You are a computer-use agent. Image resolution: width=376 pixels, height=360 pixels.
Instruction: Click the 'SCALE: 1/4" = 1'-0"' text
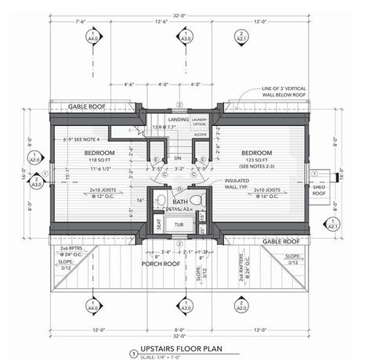pyautogui.click(x=167, y=358)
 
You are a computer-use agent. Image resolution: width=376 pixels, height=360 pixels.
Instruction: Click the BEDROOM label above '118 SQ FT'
pyautogui.click(x=100, y=151)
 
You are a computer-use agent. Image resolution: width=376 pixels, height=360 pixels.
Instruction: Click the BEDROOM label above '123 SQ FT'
pyautogui.click(x=256, y=152)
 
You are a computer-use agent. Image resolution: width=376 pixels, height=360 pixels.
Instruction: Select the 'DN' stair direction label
pyautogui.click(x=178, y=157)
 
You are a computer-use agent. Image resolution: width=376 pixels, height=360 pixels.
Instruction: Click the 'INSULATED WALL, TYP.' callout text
pyautogui.click(x=237, y=184)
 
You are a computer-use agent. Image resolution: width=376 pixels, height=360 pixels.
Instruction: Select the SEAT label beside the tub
pyautogui.click(x=159, y=224)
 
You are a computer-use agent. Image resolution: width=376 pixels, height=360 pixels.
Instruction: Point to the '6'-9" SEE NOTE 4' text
pyautogui.click(x=87, y=139)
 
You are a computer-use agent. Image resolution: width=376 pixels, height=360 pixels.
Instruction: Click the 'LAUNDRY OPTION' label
pyautogui.click(x=200, y=121)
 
